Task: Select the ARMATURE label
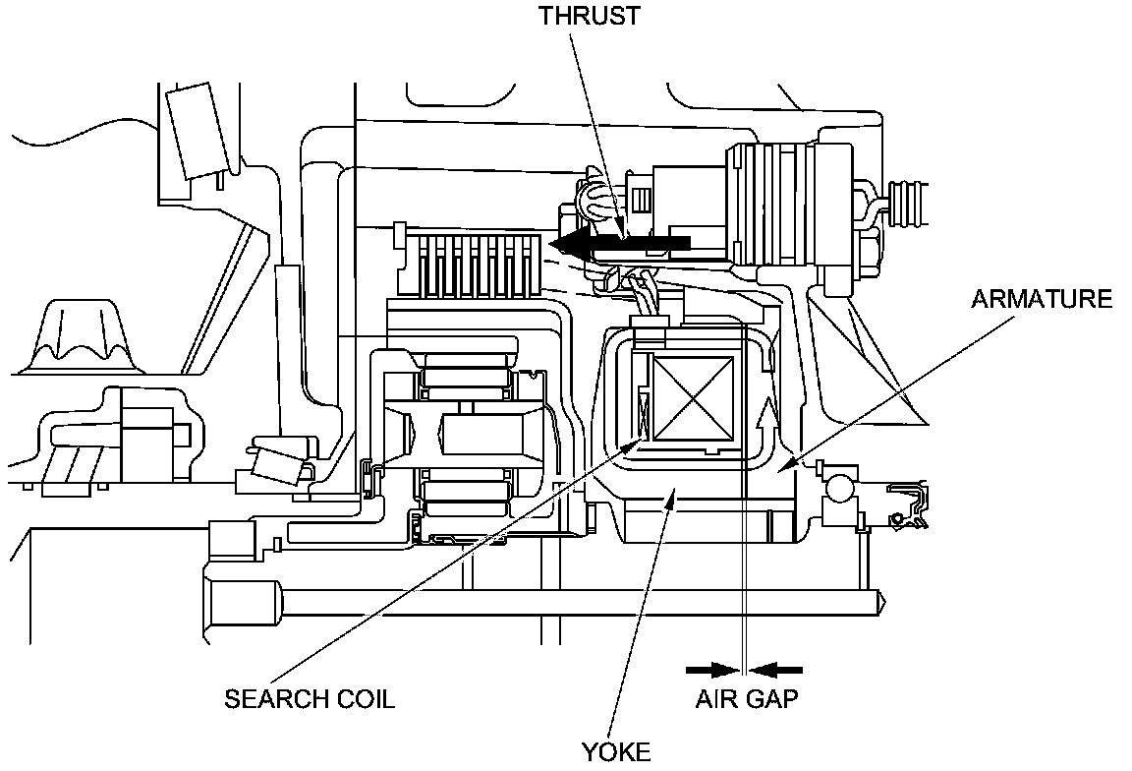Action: [x=1042, y=299]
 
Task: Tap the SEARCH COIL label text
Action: [x=310, y=699]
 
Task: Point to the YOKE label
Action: [x=616, y=753]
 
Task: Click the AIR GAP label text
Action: [x=747, y=700]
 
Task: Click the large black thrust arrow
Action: [x=619, y=242]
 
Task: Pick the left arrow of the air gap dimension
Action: [x=712, y=671]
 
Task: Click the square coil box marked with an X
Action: [x=693, y=397]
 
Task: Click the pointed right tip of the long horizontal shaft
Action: [x=884, y=597]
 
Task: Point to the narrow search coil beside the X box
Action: [x=645, y=412]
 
